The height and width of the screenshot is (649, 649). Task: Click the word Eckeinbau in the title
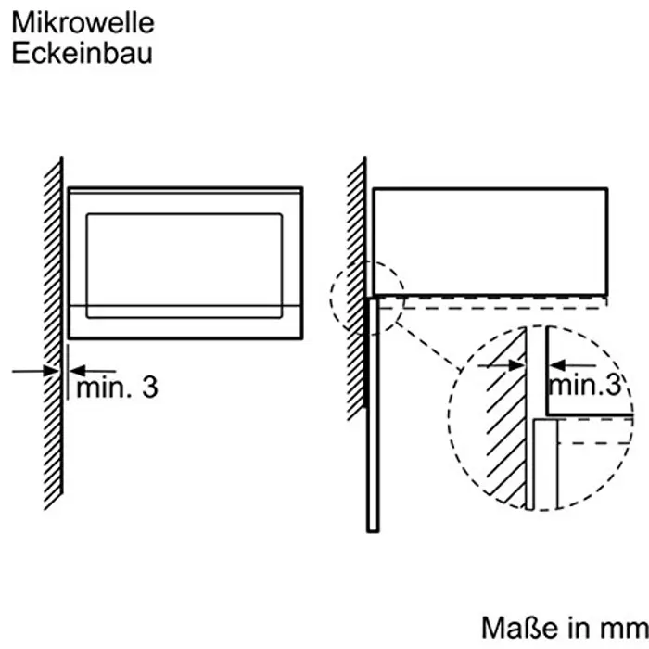pos(81,52)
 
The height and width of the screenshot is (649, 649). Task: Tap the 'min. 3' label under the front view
pos(117,388)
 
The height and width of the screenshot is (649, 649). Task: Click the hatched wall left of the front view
pos(53,334)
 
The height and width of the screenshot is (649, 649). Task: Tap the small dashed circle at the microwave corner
pos(368,297)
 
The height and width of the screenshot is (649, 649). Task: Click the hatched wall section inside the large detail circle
pos(505,436)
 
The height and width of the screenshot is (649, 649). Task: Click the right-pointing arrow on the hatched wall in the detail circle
pos(501,366)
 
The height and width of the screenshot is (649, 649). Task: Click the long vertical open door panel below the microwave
pos(373,417)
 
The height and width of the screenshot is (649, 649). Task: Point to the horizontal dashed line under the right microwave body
pos(501,299)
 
